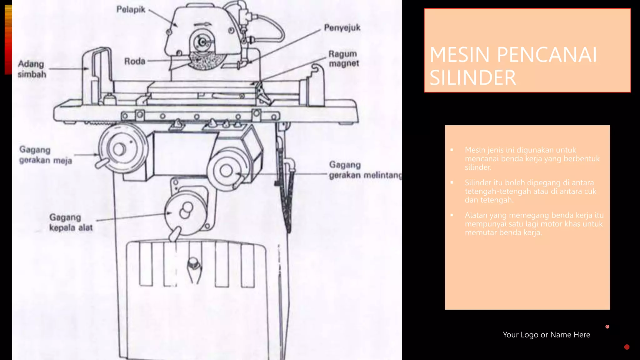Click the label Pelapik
(131, 9)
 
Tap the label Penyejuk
(342, 28)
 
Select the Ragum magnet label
(343, 58)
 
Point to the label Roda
(135, 61)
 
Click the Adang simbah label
(32, 69)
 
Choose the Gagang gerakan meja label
(46, 155)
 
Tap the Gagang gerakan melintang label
(365, 170)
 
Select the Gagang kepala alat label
(71, 222)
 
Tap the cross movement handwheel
(226, 170)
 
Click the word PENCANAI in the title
(547, 55)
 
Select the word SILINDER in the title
(473, 78)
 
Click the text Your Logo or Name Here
(546, 335)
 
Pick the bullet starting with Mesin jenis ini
(532, 158)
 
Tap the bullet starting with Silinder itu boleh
(530, 191)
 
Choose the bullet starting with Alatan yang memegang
(534, 224)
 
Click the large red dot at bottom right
(627, 347)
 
